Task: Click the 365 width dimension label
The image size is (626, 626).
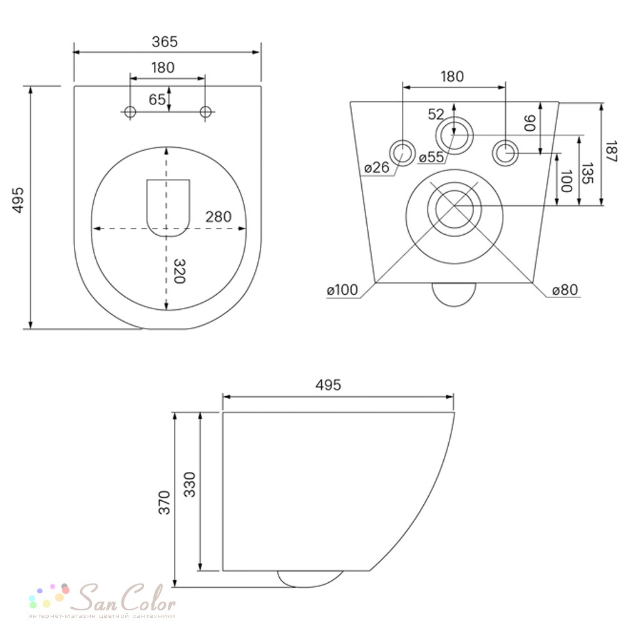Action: point(165,41)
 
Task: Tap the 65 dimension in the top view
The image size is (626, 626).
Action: point(157,100)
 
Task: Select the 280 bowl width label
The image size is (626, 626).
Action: point(218,217)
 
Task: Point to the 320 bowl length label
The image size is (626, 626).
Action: point(180,271)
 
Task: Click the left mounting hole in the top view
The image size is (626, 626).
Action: point(130,112)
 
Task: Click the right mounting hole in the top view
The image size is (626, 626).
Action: point(205,112)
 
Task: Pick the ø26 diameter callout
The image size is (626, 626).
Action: point(376,167)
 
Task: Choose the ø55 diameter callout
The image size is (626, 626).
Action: point(431,157)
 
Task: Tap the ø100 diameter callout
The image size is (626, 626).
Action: point(342,290)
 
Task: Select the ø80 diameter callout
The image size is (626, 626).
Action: point(565,290)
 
